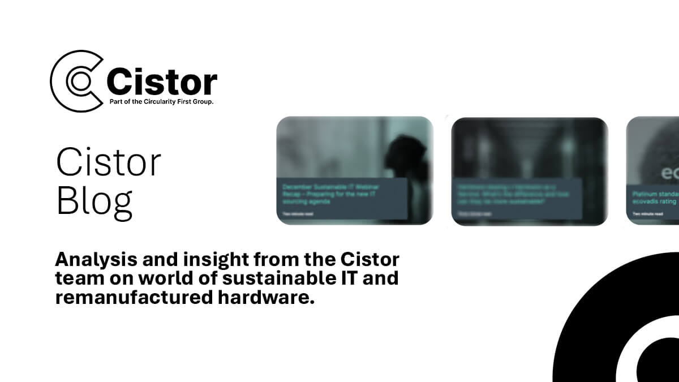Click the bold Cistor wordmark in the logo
point(162,83)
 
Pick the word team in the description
point(75,279)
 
